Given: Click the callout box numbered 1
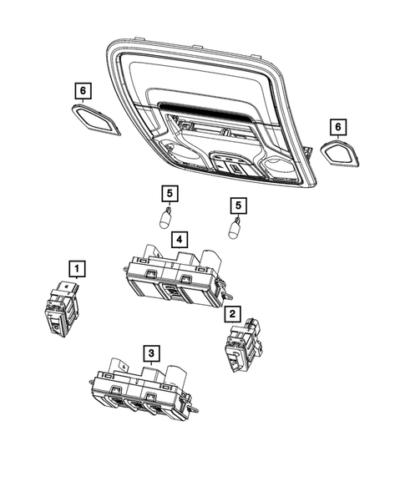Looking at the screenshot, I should click(x=76, y=268).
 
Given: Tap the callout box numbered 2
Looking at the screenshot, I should click(x=232, y=314).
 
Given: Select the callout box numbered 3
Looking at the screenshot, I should click(x=150, y=353).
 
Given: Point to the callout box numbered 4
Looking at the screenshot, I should click(x=179, y=239).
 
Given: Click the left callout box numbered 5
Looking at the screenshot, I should click(x=169, y=195).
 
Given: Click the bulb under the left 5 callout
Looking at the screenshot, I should click(x=167, y=221).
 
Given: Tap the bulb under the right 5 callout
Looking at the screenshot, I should click(x=236, y=228).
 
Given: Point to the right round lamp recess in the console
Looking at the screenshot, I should click(x=282, y=167).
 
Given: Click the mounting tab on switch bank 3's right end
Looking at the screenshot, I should click(x=193, y=409).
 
